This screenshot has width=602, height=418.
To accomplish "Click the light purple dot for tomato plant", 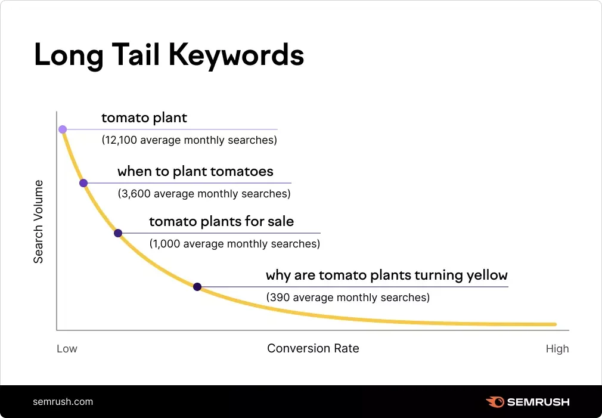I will point(63,129).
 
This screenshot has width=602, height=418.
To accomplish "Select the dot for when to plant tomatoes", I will point(83,183).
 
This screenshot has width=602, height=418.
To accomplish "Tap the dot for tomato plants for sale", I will point(118,233).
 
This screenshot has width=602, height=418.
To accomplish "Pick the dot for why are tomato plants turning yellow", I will point(197,287).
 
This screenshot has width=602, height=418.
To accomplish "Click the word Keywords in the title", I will point(237,55).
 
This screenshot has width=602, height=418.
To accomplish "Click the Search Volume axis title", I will point(38,221).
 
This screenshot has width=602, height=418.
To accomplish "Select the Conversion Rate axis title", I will point(313,348).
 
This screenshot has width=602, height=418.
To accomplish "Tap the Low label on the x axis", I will point(67,349).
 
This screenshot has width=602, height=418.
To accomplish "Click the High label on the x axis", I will point(557,349).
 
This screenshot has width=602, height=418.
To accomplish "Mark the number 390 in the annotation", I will point(279,297).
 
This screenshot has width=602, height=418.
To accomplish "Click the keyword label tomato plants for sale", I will point(221,222).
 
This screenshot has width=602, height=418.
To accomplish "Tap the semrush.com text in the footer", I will point(63,401).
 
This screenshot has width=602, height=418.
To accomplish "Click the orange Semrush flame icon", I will point(494,401).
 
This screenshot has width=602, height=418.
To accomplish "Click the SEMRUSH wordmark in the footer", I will point(538,401).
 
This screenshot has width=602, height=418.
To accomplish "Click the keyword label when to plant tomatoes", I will point(195,172).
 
